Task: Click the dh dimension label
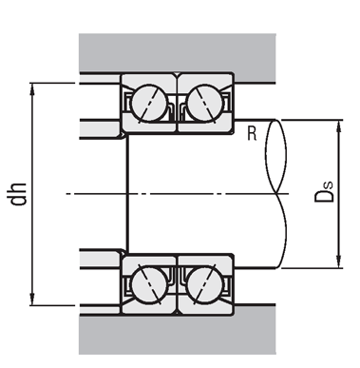18,194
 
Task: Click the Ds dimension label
324,192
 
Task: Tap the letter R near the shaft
252,134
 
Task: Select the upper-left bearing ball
149,103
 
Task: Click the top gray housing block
178,52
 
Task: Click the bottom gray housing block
178,335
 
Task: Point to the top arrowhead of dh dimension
31,88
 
